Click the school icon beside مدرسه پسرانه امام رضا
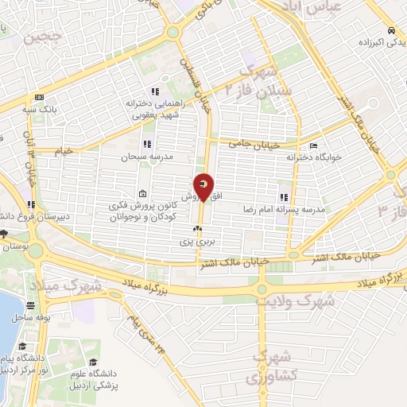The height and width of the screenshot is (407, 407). click(x=284, y=196)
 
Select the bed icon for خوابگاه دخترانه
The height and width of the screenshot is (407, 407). click(x=313, y=146)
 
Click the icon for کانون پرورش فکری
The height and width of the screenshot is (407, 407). click(x=141, y=194)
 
